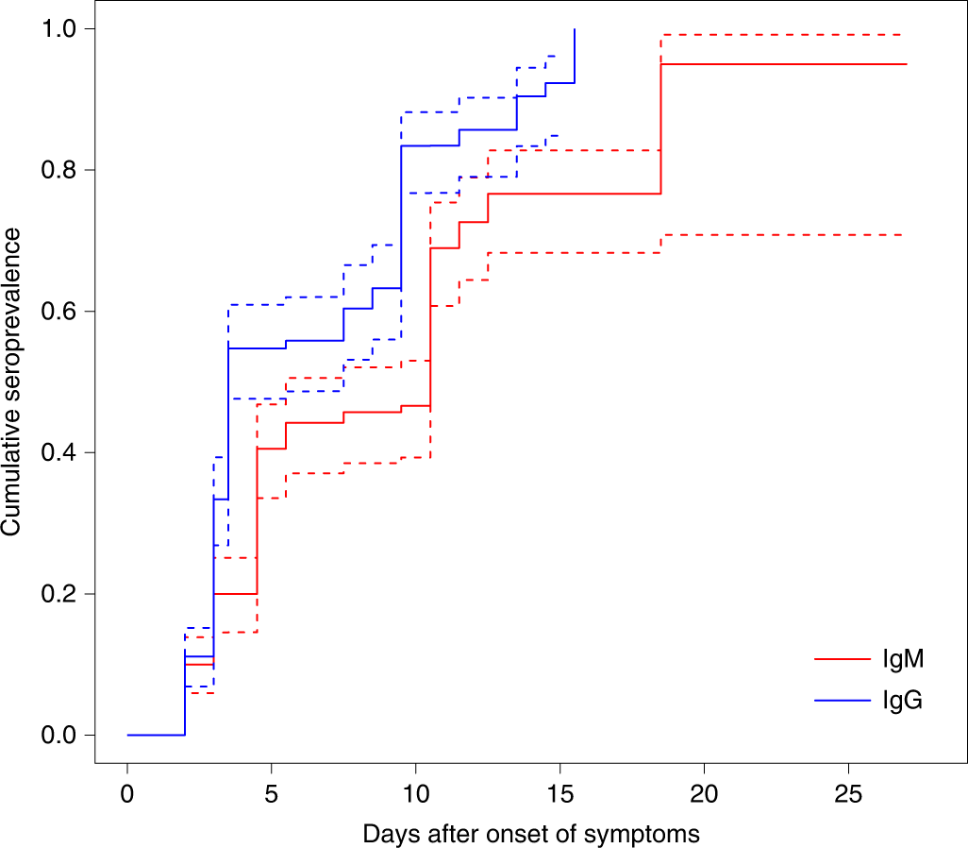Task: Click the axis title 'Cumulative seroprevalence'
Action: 13,382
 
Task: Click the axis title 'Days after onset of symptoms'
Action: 531,834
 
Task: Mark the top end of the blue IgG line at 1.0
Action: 575,29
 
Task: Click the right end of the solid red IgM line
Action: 906,64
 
